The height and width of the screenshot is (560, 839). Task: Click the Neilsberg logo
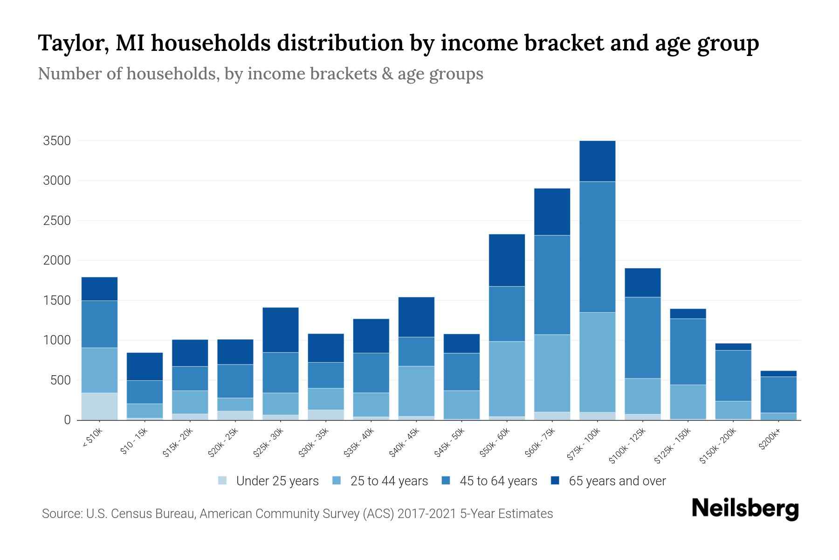coord(745,509)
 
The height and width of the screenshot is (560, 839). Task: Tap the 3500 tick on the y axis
coord(57,141)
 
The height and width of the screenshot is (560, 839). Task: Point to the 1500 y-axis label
coord(57,301)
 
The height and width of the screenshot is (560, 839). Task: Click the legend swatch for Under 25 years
coord(223,481)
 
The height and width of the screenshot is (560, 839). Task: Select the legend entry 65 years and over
coord(617,481)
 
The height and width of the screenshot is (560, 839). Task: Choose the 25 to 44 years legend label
coord(389,481)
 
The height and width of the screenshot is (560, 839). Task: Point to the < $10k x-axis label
coord(93,438)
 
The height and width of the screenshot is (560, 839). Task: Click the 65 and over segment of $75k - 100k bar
coord(597,161)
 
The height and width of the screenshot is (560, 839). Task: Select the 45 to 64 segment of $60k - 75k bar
coord(552,285)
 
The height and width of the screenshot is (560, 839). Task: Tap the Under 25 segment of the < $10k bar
coord(99,406)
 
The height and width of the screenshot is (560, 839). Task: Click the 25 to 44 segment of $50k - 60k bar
coord(507,378)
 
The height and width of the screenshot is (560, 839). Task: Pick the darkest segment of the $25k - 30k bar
coord(280,329)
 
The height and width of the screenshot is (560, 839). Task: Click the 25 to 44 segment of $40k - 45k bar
coord(416,391)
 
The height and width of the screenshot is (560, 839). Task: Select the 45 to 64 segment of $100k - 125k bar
coord(642,337)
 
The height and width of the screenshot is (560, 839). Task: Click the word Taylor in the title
coord(73,43)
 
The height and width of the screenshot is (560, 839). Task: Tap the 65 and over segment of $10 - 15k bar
coord(144,366)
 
